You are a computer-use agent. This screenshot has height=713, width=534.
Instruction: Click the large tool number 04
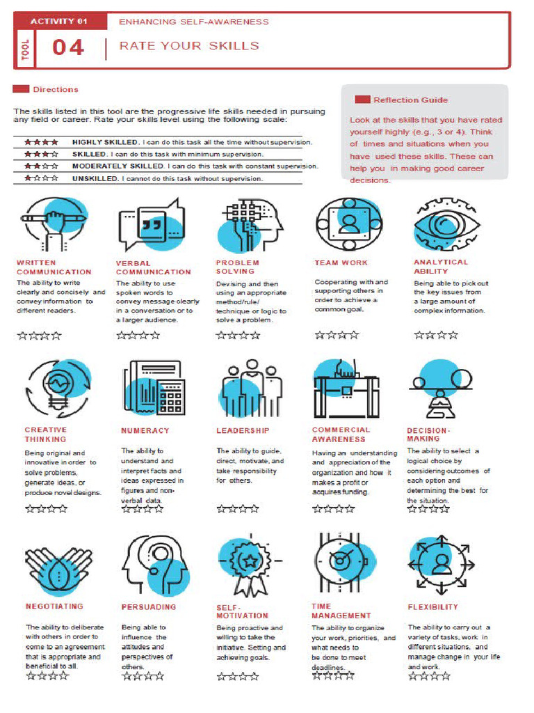[68, 47]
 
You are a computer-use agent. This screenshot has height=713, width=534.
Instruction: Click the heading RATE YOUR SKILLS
[189, 46]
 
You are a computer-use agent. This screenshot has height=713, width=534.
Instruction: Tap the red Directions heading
[56, 89]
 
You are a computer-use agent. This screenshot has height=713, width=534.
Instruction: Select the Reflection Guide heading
[410, 100]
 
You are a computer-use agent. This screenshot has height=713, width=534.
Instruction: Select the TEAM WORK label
[341, 263]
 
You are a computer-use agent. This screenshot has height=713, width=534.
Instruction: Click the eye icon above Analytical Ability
[446, 225]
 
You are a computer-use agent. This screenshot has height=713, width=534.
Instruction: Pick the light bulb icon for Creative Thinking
[57, 387]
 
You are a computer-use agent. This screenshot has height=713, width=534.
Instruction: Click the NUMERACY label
[145, 431]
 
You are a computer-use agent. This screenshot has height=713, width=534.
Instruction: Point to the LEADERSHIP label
[243, 431]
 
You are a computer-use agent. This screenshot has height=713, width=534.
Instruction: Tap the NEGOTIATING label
[54, 606]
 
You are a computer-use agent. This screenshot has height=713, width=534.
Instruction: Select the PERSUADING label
[149, 607]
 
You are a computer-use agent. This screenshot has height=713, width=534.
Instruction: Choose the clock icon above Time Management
[341, 560]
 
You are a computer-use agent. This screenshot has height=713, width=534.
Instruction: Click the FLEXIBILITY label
[433, 607]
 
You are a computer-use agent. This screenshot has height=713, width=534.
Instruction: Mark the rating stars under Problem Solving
[238, 336]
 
